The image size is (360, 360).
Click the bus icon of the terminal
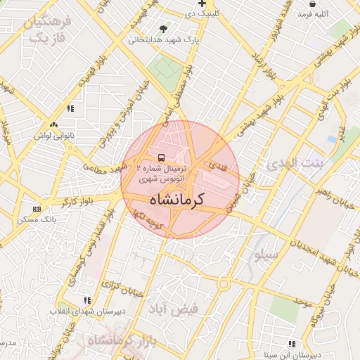pyautogui.click(x=162, y=157)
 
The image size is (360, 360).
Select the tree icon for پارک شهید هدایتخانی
pyautogui.click(x=164, y=29)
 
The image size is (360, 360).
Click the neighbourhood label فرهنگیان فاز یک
pyautogui.click(x=49, y=30)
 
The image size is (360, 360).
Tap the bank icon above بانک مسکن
pyautogui.click(x=37, y=209)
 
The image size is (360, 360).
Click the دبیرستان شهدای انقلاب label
pyautogui.click(x=81, y=310)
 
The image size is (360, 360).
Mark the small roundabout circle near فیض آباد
pyautogui.click(x=223, y=285)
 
